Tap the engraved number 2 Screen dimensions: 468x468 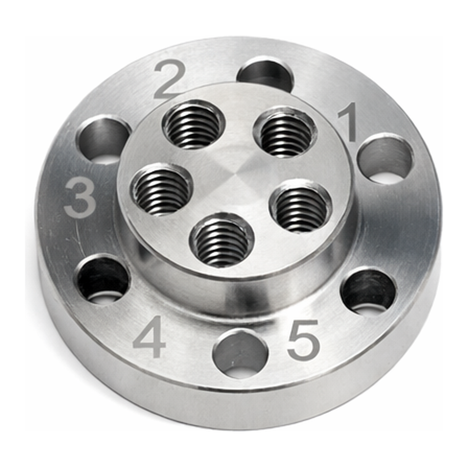pyautogui.click(x=170, y=80)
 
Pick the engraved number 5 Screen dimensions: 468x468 pyautogui.click(x=303, y=339)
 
